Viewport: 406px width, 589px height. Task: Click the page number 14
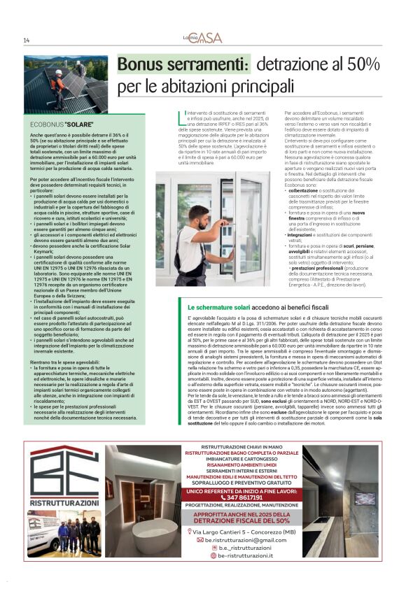(x=26, y=39)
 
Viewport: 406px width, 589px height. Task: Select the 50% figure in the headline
(x=360, y=65)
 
